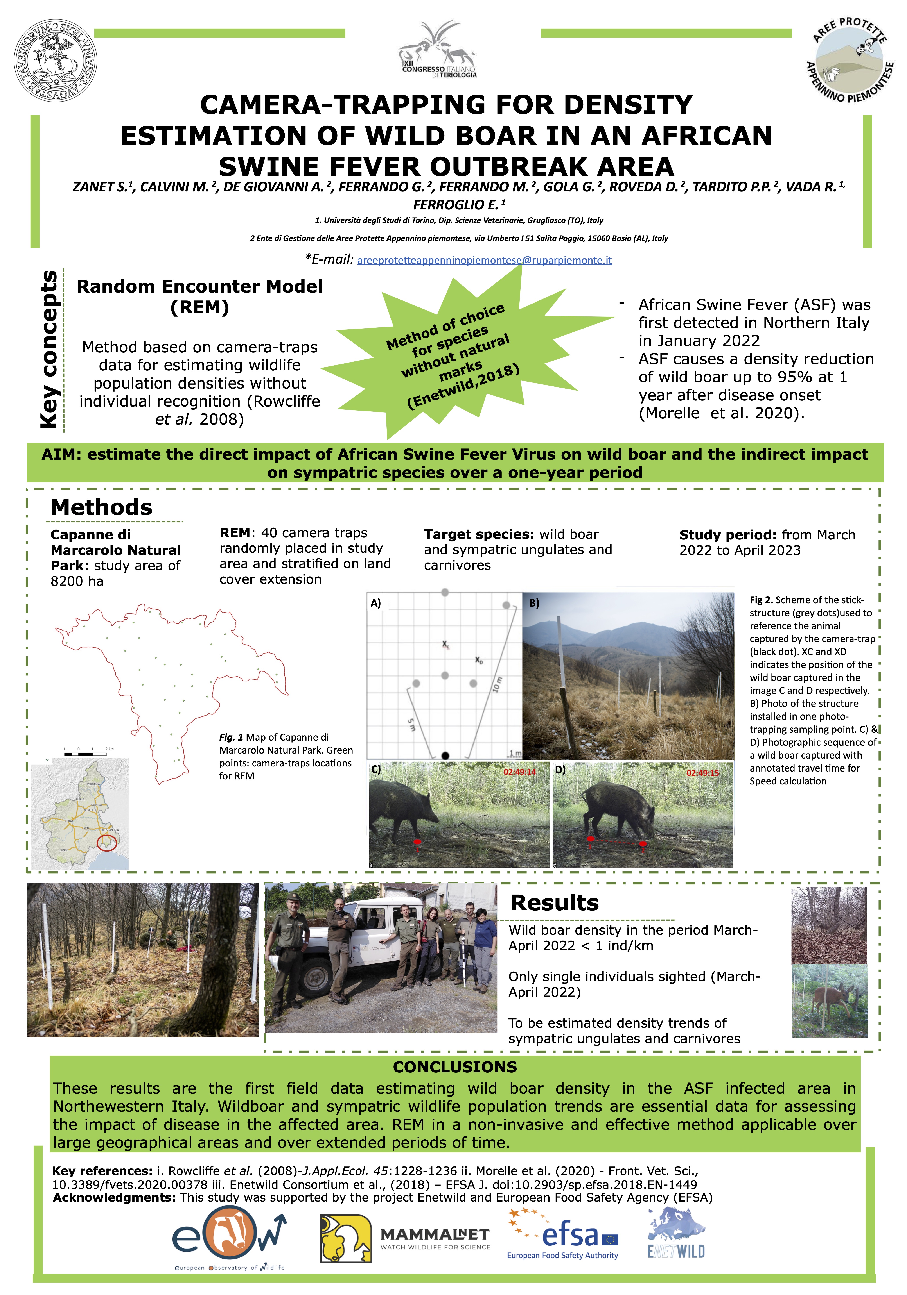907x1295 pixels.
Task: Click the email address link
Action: pyautogui.click(x=484, y=260)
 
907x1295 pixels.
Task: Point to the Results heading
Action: pyautogui.click(x=554, y=903)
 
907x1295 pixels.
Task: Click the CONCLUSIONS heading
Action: pyautogui.click(x=455, y=1067)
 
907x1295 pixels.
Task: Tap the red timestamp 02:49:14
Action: pyautogui.click(x=519, y=772)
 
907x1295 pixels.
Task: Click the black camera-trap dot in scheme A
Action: pyautogui.click(x=445, y=755)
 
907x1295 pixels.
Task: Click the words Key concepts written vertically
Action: pyautogui.click(x=50, y=350)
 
